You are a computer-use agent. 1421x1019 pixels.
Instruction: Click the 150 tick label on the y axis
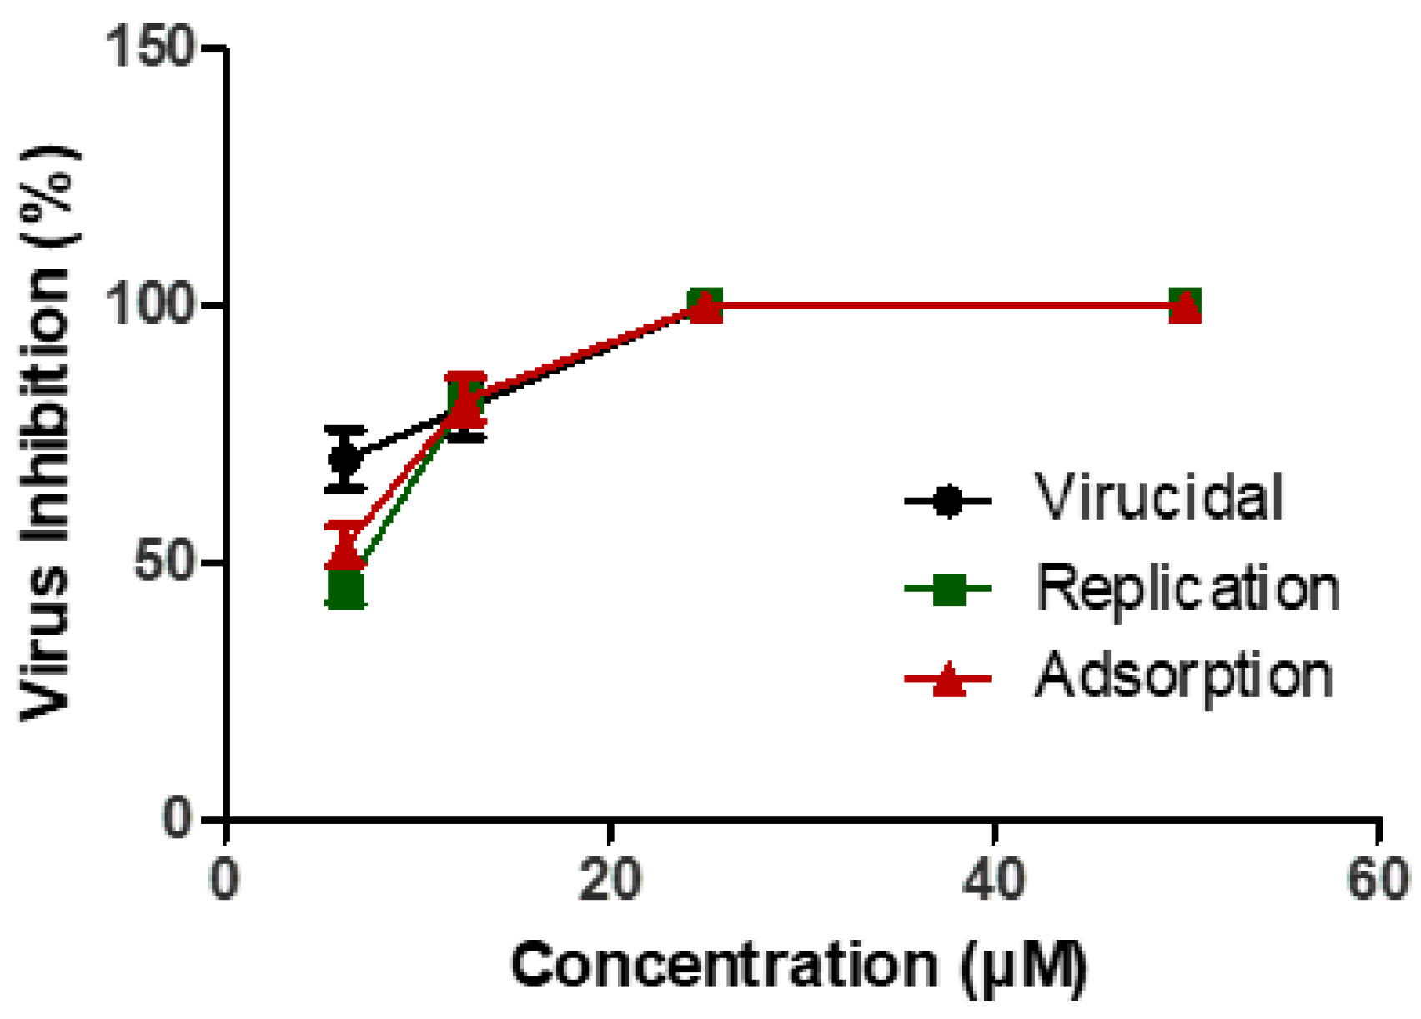(150, 48)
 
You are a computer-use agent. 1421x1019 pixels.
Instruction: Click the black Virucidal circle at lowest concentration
(344, 459)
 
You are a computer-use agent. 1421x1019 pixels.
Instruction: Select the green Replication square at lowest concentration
(345, 589)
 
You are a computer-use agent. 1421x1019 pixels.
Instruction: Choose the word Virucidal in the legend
(1159, 498)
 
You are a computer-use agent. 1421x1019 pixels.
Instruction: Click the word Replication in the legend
(1188, 589)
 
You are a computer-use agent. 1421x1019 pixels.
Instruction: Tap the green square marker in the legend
(948, 590)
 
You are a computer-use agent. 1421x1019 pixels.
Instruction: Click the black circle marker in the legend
(948, 501)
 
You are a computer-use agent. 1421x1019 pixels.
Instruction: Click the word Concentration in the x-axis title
(724, 966)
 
